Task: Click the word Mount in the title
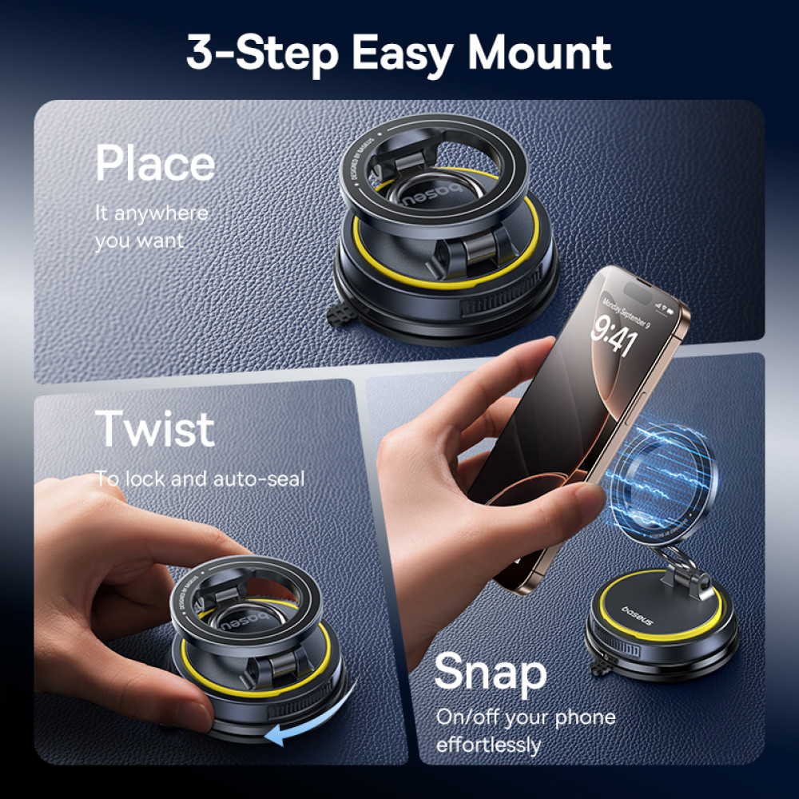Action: (539, 52)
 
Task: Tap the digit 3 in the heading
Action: (199, 52)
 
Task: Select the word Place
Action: (156, 162)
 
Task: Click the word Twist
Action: (154, 429)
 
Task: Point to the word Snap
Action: (491, 673)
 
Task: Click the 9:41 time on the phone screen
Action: (614, 335)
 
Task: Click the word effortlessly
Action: (488, 745)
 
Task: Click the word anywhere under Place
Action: (161, 213)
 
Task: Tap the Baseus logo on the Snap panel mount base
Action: (637, 615)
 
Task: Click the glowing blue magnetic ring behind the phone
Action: (662, 484)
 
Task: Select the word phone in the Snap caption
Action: (585, 718)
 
